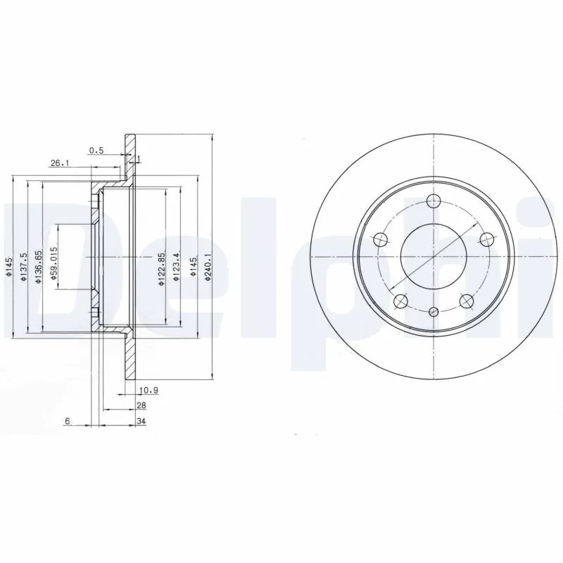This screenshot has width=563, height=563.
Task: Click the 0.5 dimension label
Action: pyautogui.click(x=96, y=149)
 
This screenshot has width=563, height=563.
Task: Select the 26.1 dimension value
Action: pyautogui.click(x=59, y=164)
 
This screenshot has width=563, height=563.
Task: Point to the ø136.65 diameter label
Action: pyautogui.click(x=40, y=268)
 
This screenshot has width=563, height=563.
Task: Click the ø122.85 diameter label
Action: pyautogui.click(x=162, y=268)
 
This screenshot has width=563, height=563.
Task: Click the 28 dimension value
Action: pyautogui.click(x=141, y=406)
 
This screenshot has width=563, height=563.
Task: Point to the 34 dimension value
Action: pyautogui.click(x=141, y=422)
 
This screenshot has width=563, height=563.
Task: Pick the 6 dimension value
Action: pyautogui.click(x=67, y=422)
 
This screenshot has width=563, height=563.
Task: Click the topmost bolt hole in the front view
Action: pyautogui.click(x=434, y=202)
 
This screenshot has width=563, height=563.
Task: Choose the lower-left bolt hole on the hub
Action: pyautogui.click(x=401, y=301)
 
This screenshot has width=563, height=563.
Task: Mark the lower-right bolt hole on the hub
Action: pyautogui.click(x=465, y=301)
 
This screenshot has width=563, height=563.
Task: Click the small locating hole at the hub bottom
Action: pyautogui.click(x=434, y=311)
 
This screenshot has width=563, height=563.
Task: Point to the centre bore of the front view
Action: pyautogui.click(x=434, y=257)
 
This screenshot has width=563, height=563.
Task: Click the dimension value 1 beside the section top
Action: pyautogui.click(x=139, y=158)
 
